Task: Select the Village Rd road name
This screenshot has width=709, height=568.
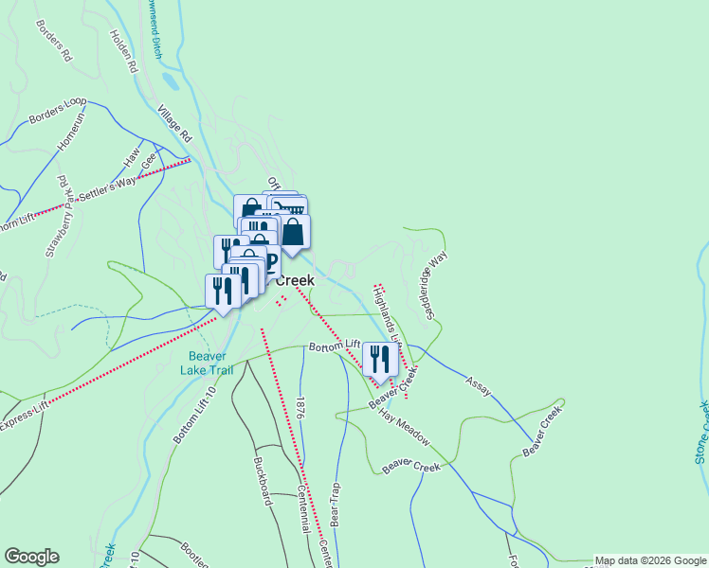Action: coord(175,123)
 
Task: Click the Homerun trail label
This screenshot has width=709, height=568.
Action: coord(72,129)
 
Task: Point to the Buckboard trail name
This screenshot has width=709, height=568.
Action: coord(263,483)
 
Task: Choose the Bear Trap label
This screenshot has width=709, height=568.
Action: coord(335,511)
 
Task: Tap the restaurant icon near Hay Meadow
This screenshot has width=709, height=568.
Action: coord(380,360)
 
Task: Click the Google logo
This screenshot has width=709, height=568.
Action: coord(30,557)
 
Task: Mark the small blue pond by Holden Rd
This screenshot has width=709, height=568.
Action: coord(167,83)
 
